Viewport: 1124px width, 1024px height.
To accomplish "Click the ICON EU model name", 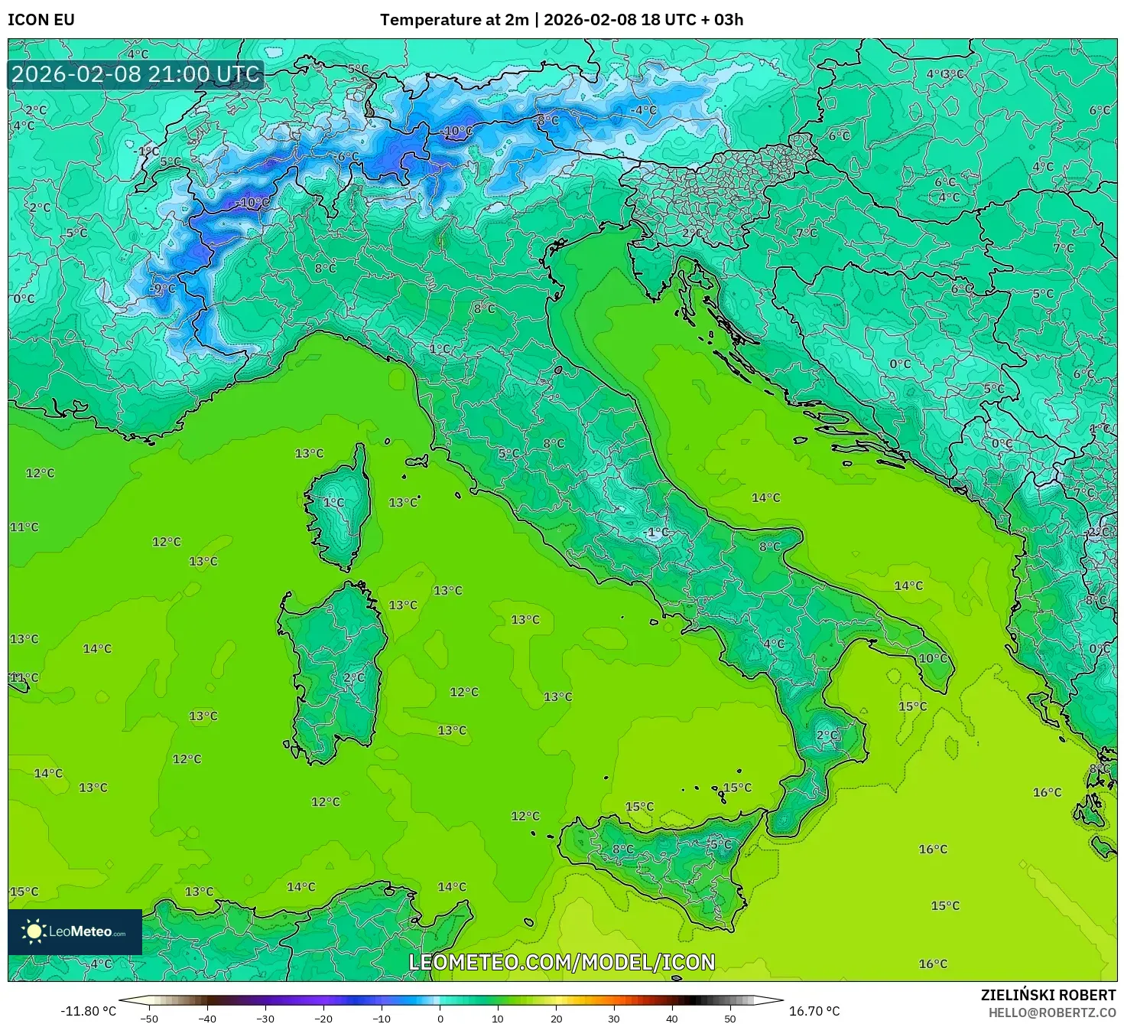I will pyautogui.click(x=41, y=20).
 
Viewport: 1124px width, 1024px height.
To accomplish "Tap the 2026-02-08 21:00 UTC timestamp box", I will pyautogui.click(x=136, y=75).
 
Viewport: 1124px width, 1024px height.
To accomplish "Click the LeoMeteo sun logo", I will pyautogui.click(x=34, y=931).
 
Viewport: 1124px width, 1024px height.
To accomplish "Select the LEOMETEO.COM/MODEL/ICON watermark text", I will pyautogui.click(x=562, y=962).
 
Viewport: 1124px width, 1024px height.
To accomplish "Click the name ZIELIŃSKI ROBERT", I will pyautogui.click(x=1048, y=995).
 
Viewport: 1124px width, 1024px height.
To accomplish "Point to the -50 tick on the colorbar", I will pyautogui.click(x=149, y=1019).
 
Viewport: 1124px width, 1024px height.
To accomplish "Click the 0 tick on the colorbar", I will pyautogui.click(x=440, y=1019).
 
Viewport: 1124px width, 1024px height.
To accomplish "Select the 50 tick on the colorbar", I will pyautogui.click(x=730, y=1019).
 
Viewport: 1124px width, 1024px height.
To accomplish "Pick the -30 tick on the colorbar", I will pyautogui.click(x=265, y=1019).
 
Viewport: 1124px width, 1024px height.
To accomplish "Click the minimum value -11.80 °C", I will pyautogui.click(x=88, y=1011).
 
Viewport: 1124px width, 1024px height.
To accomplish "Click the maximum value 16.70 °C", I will pyautogui.click(x=814, y=1011).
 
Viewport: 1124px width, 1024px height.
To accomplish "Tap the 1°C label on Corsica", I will pyautogui.click(x=333, y=503).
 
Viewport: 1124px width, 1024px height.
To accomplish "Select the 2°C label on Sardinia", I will pyautogui.click(x=354, y=677).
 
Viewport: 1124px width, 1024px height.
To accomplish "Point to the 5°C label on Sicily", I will pyautogui.click(x=720, y=844).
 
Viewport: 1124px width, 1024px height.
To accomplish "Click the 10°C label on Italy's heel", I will pyautogui.click(x=933, y=658).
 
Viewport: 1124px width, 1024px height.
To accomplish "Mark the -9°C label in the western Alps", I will pyautogui.click(x=163, y=289).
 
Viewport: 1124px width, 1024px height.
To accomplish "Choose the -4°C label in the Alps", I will pyautogui.click(x=642, y=110).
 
